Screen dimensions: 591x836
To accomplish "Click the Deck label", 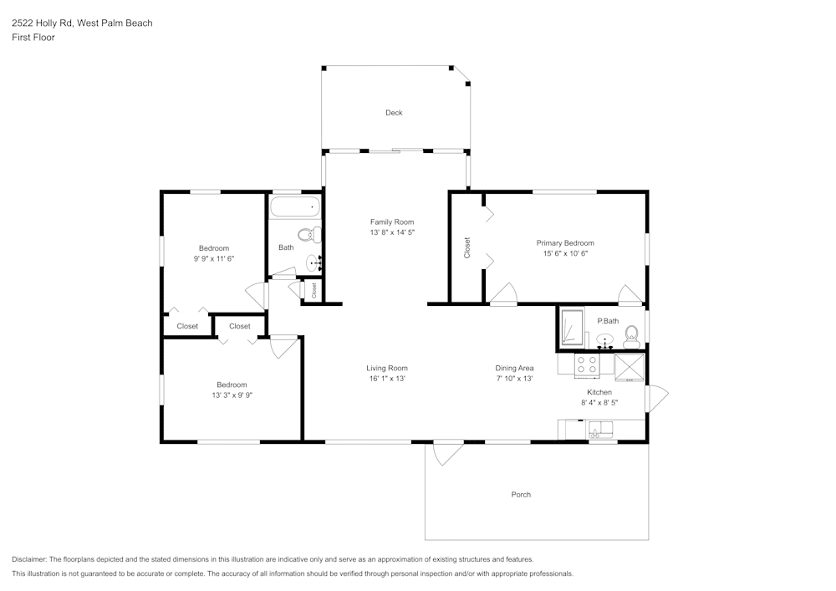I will click(394, 113).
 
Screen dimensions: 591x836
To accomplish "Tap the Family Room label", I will click(392, 222).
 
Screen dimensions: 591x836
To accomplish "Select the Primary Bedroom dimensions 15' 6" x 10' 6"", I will click(565, 253).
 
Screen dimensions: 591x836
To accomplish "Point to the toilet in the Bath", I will click(307, 234).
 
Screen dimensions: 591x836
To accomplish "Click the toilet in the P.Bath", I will click(631, 337).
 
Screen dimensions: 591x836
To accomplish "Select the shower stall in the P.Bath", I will click(572, 329).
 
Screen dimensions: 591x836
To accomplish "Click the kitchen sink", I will click(600, 431).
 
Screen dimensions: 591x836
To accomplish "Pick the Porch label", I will click(521, 495).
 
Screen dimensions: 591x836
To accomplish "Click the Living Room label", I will click(387, 368).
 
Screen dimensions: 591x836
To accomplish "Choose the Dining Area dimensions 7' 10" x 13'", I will click(514, 379).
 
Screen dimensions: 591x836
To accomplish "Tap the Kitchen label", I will click(599, 392).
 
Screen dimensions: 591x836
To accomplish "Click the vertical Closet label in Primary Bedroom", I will click(467, 247).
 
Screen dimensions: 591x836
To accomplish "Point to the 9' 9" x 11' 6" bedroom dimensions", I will click(213, 259).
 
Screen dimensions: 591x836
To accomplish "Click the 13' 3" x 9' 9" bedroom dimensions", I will click(232, 395).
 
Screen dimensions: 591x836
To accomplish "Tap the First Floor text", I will click(33, 38).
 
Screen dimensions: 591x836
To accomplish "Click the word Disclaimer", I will click(29, 559).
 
